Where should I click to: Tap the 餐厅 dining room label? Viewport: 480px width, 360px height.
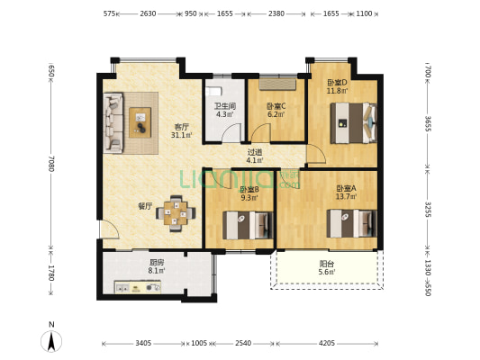[144, 206]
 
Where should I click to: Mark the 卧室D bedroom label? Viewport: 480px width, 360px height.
[337, 82]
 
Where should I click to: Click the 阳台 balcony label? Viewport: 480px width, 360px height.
[326, 265]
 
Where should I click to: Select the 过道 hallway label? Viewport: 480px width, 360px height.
[255, 152]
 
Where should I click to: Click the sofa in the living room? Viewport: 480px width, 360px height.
[113, 122]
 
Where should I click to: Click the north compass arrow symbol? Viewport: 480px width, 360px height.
[51, 339]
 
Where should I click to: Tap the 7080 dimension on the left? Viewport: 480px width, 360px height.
[51, 163]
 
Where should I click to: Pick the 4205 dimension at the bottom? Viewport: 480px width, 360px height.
[327, 343]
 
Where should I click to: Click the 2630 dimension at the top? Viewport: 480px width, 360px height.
[149, 13]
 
